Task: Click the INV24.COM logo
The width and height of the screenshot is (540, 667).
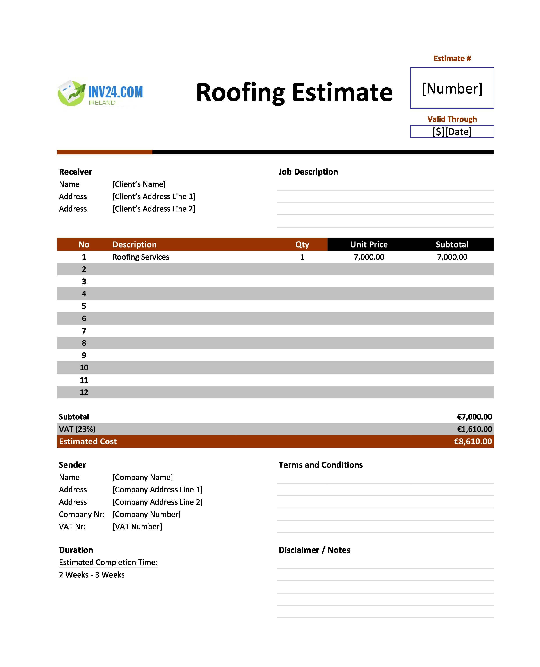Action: (100, 93)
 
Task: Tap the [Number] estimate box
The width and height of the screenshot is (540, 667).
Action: (452, 88)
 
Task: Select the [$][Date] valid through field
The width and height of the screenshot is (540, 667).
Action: (452, 131)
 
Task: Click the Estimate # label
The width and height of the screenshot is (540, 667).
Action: (452, 58)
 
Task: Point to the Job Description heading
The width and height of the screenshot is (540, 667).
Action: (308, 172)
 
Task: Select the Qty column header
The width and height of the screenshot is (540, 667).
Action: (302, 244)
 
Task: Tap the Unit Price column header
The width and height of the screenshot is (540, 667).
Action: (369, 244)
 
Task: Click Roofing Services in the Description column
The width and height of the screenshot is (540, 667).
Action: (141, 257)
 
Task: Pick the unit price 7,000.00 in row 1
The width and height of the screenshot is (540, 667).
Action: (369, 257)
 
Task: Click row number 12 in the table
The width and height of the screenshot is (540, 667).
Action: (84, 392)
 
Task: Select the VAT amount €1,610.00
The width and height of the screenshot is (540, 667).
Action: (474, 429)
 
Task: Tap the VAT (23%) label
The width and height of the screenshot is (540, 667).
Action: (77, 429)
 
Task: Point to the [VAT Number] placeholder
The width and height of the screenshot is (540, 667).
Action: (137, 526)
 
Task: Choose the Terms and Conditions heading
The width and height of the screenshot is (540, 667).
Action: (320, 465)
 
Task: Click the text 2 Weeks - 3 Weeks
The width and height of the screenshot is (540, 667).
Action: (92, 575)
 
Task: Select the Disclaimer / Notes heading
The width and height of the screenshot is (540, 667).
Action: (314, 550)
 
